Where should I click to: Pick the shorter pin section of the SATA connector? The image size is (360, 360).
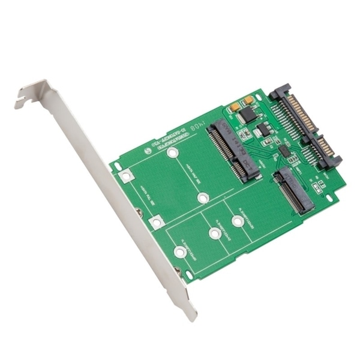tap(327, 150)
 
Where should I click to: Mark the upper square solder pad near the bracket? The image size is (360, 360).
tap(125, 176)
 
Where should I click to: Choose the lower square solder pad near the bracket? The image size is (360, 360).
tap(156, 223)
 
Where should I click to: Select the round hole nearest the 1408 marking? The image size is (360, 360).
tap(173, 154)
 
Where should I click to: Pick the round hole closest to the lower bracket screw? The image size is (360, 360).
tap(179, 251)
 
